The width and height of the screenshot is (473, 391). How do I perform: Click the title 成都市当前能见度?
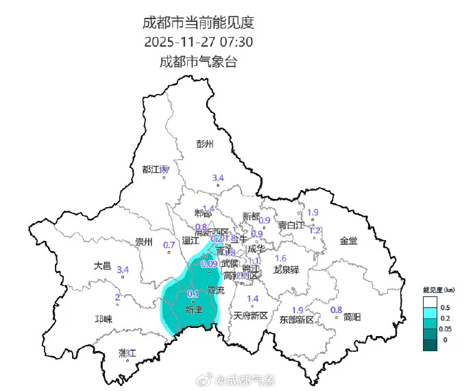pos(198,22)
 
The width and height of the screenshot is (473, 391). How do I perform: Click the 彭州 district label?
pos(205,144)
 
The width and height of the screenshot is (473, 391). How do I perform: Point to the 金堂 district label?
pos(348,241)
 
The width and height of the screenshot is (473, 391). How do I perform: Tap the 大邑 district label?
pos(102,265)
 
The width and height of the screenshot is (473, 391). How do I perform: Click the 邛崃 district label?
pos(103,319)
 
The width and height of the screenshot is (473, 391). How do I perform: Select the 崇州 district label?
pos(144,241)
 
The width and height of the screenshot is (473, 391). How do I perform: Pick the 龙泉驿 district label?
pos(287,270)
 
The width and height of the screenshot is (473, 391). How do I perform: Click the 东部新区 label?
pos(296,320)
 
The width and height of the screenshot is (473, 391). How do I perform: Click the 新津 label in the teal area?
pos(194,310)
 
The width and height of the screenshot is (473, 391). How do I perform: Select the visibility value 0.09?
pos(209,264)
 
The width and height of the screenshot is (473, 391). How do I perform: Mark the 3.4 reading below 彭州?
pos(218,178)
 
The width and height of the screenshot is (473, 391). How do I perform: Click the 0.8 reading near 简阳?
pos(337,310)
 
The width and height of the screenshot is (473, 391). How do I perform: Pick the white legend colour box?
pos(430,303)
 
